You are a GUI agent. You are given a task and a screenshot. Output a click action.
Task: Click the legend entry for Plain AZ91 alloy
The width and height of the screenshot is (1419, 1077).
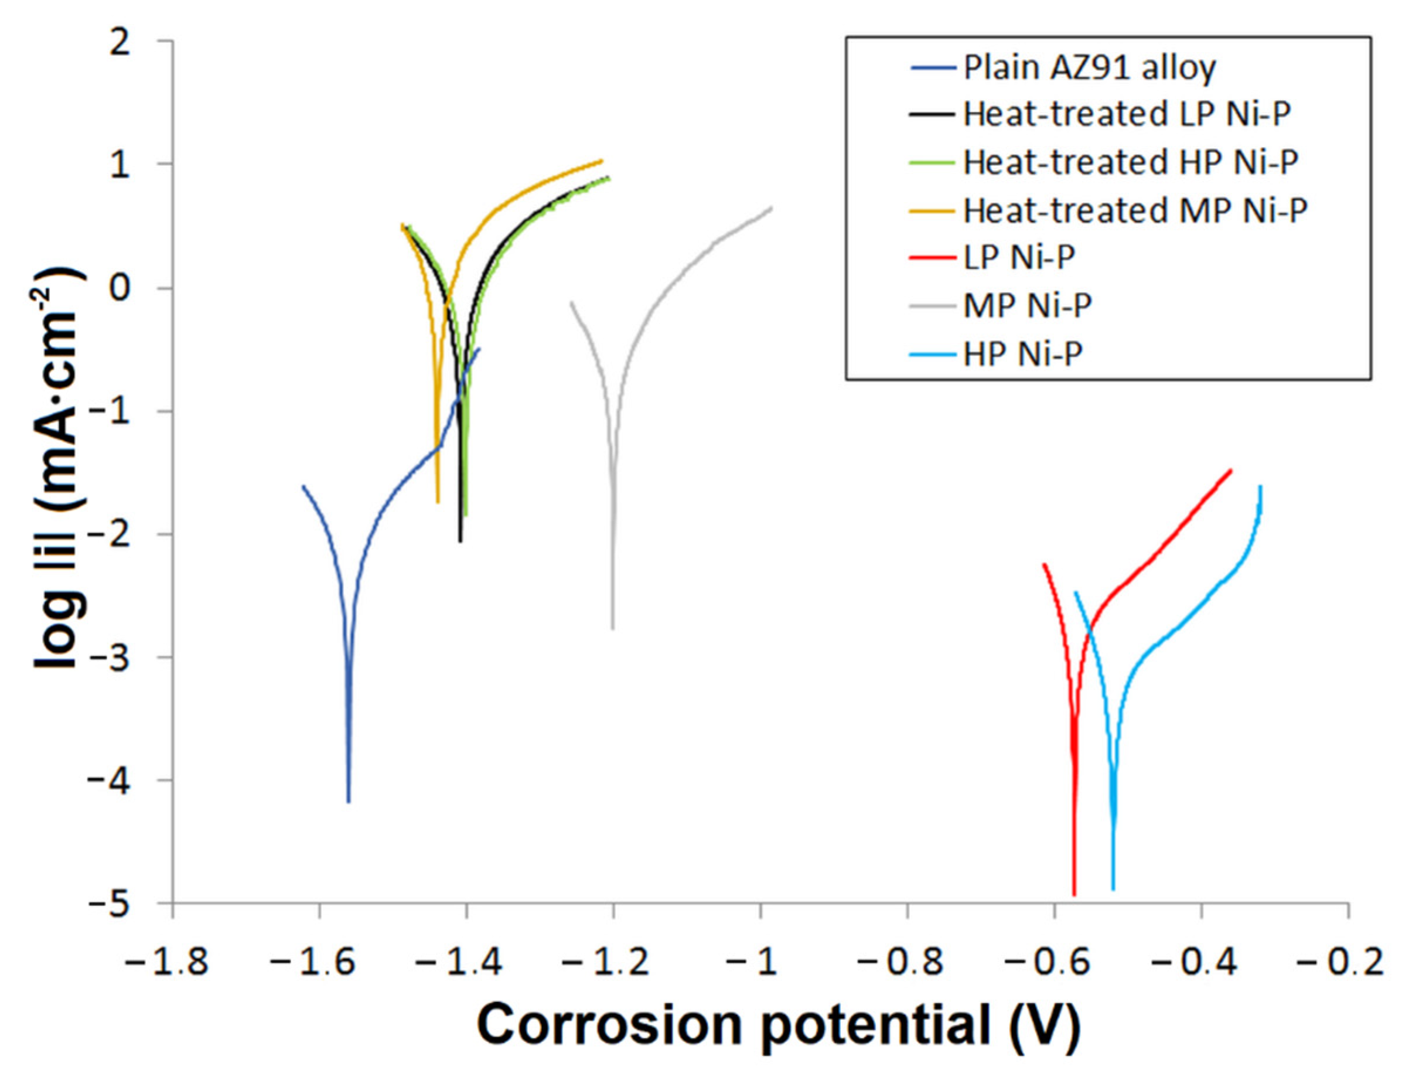point(1089,67)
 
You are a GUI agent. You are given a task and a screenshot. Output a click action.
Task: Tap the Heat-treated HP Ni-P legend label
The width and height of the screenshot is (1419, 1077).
point(1130,162)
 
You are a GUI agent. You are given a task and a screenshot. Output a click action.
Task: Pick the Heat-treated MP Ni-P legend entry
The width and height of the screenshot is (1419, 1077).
point(1134,210)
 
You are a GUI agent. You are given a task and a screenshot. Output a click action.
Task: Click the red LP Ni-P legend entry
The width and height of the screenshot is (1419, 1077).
point(1019,257)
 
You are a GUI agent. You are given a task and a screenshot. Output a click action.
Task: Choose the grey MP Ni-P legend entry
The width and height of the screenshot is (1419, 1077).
point(1027,305)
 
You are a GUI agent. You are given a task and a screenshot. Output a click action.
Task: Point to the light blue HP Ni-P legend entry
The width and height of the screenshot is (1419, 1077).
point(1022,353)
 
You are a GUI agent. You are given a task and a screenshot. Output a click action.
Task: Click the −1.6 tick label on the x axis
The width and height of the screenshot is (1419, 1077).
point(313,962)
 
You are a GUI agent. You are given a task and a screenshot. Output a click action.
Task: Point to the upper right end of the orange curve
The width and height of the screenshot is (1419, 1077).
point(602,161)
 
